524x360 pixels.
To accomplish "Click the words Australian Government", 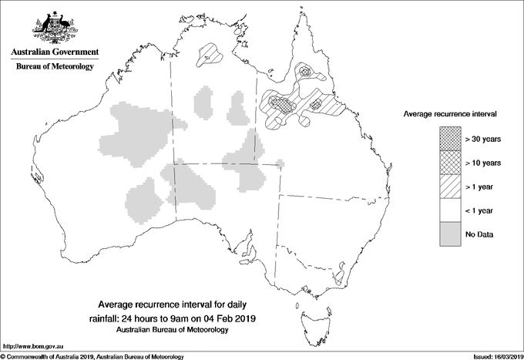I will (54, 52).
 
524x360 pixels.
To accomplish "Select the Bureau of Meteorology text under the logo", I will (54, 67).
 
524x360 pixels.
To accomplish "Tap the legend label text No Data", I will (479, 234).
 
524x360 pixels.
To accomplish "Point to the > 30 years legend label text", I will (483, 140).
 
